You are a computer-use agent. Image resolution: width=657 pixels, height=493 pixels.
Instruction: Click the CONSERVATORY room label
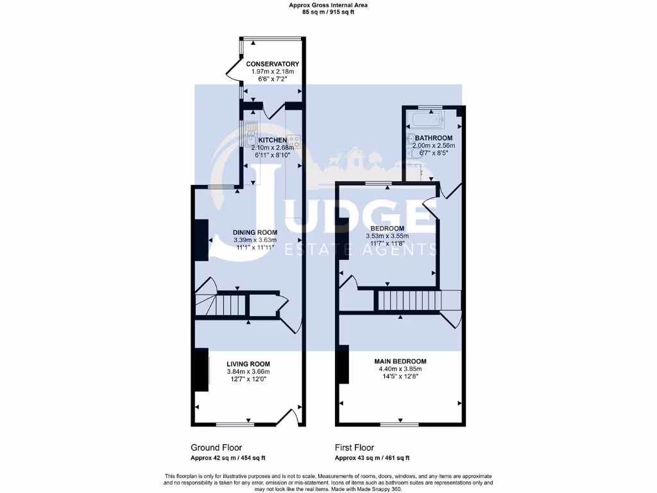[x=273, y=64]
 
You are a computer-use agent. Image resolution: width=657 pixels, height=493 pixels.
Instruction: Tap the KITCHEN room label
[x=273, y=139]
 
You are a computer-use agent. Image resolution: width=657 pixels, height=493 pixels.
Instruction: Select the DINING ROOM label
[x=255, y=232]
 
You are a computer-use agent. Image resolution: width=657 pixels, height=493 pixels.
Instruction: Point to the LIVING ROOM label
[x=248, y=364]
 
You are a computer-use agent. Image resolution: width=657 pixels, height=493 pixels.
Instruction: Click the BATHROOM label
[x=433, y=138]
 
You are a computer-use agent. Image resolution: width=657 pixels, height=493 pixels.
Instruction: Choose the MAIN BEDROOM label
[x=400, y=361]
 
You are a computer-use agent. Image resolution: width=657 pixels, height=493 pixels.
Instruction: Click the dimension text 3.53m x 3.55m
[x=387, y=236]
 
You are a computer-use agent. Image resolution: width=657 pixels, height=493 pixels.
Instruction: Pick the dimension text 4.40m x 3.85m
[x=400, y=369]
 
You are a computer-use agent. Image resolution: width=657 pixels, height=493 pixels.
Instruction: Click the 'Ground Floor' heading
[x=216, y=447]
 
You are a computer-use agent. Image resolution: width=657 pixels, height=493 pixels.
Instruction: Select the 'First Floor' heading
[x=354, y=447]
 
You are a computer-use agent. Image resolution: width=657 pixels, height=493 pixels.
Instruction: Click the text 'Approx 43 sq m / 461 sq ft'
[x=371, y=458]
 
